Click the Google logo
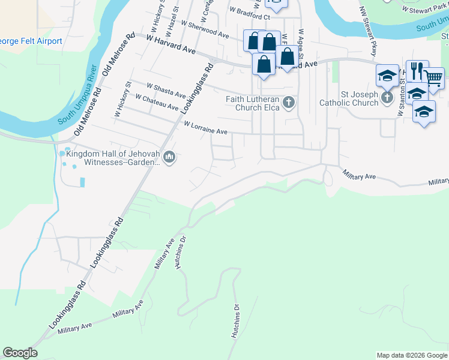pyautogui.click(x=20, y=353)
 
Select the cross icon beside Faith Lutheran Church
pyautogui.click(x=289, y=103)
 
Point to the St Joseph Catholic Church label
pyautogui.click(x=359, y=98)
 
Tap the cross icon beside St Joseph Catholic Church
pyautogui.click(x=387, y=97)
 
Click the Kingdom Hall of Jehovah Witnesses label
pyautogui.click(x=113, y=158)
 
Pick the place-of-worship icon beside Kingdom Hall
pyautogui.click(x=169, y=157)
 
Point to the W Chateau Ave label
pyautogui.click(x=157, y=102)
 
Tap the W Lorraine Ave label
pyautogui.click(x=205, y=128)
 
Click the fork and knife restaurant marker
pyautogui.click(x=418, y=71)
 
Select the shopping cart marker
pyautogui.click(x=433, y=77)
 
